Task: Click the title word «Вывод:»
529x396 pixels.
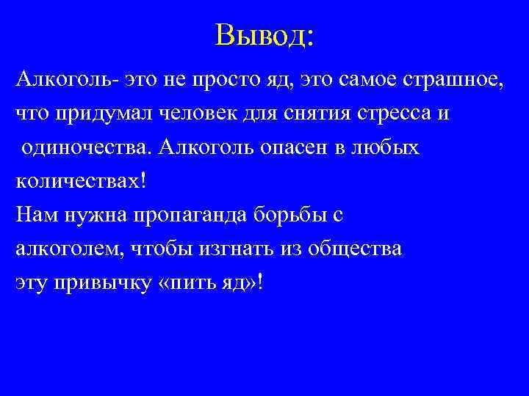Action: pyautogui.click(x=264, y=34)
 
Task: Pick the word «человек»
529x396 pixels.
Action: pyautogui.click(x=204, y=114)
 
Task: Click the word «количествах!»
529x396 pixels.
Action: pyautogui.click(x=76, y=181)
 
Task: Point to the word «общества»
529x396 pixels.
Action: pyautogui.click(x=356, y=249)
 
